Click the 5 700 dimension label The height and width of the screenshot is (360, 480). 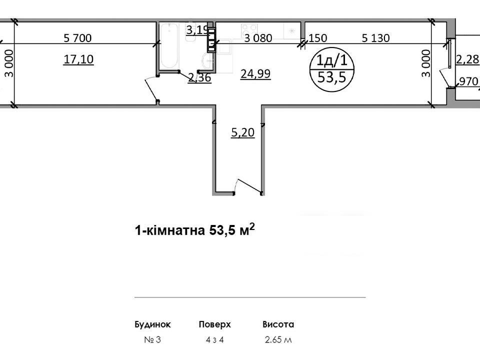pyautogui.click(x=77, y=38)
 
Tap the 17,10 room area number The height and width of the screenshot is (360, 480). pyautogui.click(x=78, y=59)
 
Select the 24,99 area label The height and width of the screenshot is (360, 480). pyautogui.click(x=255, y=74)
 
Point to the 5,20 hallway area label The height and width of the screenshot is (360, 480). pyautogui.click(x=243, y=132)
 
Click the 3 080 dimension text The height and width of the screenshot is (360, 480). pyautogui.click(x=258, y=38)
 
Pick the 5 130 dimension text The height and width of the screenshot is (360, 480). pyautogui.click(x=375, y=38)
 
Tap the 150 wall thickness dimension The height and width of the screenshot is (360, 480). pyautogui.click(x=318, y=38)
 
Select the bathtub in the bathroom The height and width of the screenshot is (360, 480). pyautogui.click(x=169, y=46)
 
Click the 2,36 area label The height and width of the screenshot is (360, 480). pyautogui.click(x=199, y=77)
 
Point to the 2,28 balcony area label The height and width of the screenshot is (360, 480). pyautogui.click(x=467, y=59)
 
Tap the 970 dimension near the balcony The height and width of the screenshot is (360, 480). pyautogui.click(x=468, y=81)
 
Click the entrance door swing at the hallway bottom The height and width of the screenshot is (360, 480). pyautogui.click(x=247, y=185)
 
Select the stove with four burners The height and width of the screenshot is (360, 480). pyautogui.click(x=249, y=30)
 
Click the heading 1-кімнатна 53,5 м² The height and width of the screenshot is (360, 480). pyautogui.click(x=194, y=229)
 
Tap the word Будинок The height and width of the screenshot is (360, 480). pyautogui.click(x=152, y=324)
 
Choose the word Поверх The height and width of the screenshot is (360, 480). pyautogui.click(x=214, y=324)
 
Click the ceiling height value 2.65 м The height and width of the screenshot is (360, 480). pyautogui.click(x=278, y=340)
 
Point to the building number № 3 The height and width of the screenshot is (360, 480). pyautogui.click(x=152, y=340)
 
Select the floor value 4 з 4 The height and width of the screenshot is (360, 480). pyautogui.click(x=214, y=340)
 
